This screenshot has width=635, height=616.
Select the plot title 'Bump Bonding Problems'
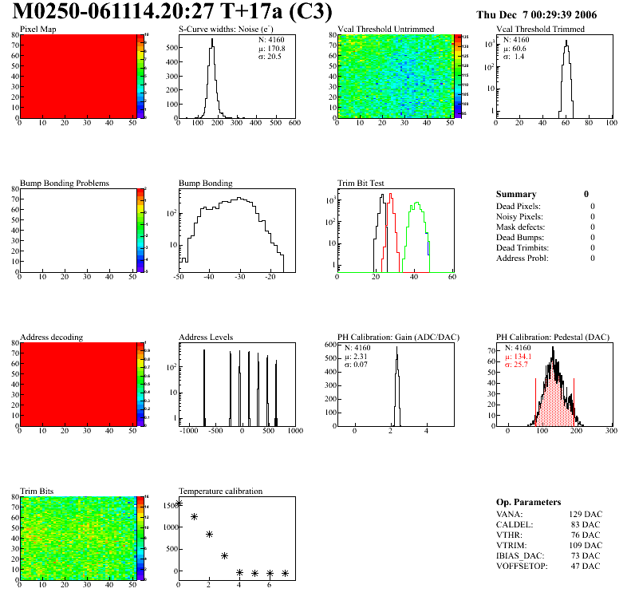(65, 183)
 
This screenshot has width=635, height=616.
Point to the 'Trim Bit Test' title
(361, 183)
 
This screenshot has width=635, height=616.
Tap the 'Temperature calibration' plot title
(220, 491)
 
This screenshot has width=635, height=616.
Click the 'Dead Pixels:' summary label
(519, 206)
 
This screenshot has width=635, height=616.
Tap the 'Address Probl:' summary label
(523, 258)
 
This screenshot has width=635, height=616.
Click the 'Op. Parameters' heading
(528, 502)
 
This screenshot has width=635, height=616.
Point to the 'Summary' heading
(516, 194)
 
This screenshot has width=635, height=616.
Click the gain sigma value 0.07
(362, 365)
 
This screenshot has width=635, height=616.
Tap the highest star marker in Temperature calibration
(179, 503)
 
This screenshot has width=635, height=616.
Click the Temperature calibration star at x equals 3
(224, 555)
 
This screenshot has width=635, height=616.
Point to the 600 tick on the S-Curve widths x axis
(294, 124)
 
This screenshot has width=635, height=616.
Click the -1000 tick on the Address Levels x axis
(189, 431)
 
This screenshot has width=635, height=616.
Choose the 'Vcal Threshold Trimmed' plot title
(540, 29)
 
